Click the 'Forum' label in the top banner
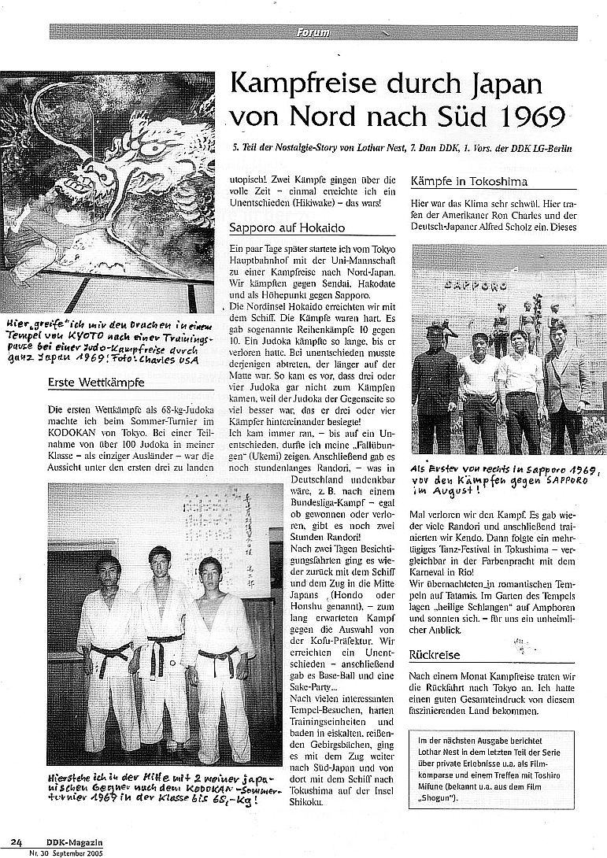point(313,32)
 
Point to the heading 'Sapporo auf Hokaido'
point(278,229)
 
